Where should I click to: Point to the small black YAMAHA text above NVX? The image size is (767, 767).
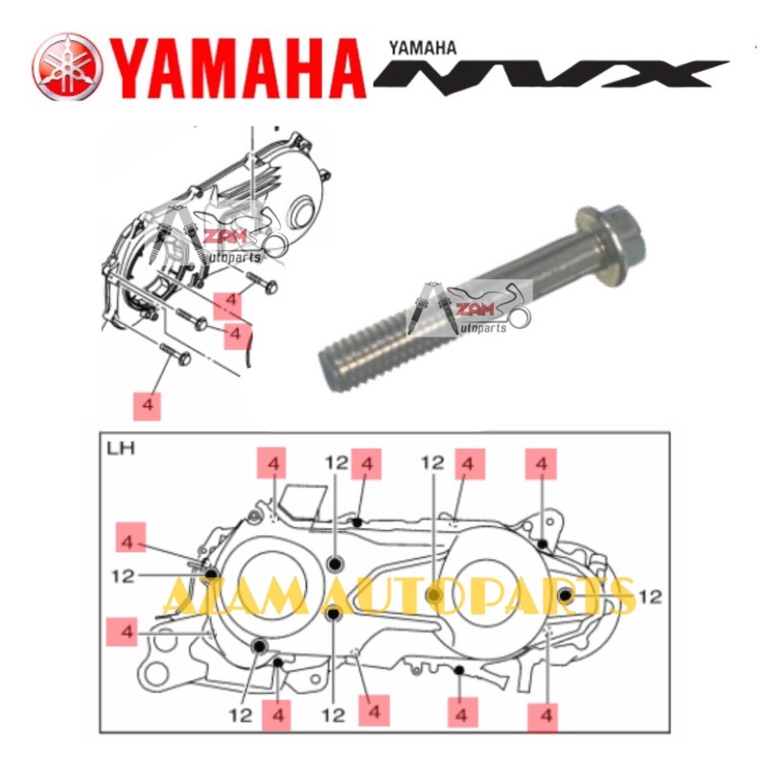(x=423, y=45)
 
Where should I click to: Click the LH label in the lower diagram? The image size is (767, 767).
(x=120, y=447)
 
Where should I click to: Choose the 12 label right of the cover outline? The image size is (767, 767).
(x=650, y=596)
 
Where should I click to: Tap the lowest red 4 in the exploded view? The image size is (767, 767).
(x=148, y=405)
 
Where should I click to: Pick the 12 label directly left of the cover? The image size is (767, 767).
(x=122, y=576)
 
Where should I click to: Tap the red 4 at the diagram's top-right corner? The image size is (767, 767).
(x=542, y=463)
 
